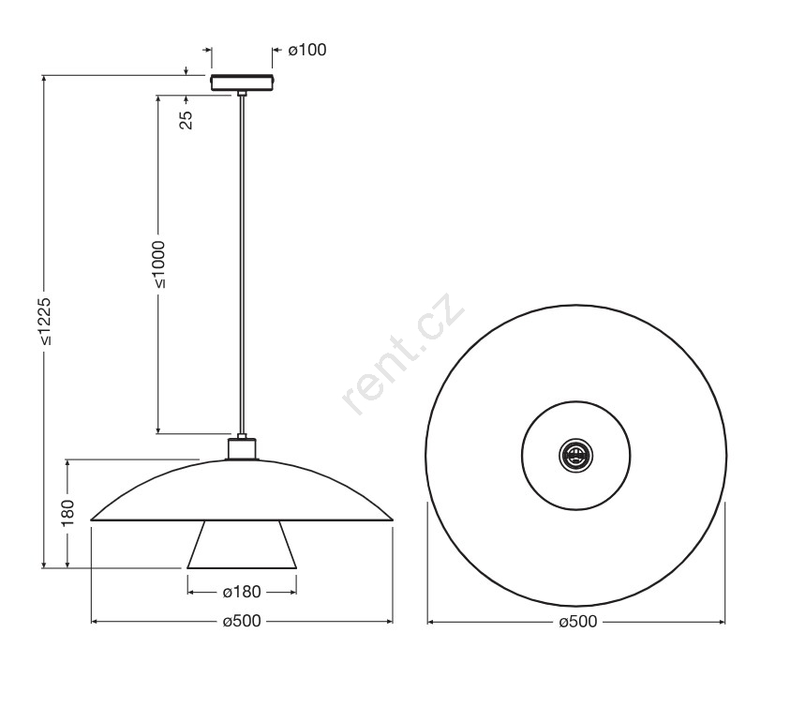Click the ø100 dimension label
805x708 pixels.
click(x=307, y=50)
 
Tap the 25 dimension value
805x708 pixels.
click(x=186, y=120)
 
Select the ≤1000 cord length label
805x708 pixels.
click(x=159, y=264)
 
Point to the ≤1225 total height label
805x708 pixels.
click(x=45, y=321)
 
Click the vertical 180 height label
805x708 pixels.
click(x=67, y=512)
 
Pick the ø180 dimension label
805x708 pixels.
click(x=242, y=592)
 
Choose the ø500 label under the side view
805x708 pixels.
click(x=242, y=621)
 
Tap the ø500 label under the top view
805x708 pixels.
click(x=578, y=622)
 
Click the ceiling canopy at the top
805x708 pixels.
click(x=242, y=83)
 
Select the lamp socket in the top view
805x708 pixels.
click(x=575, y=455)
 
